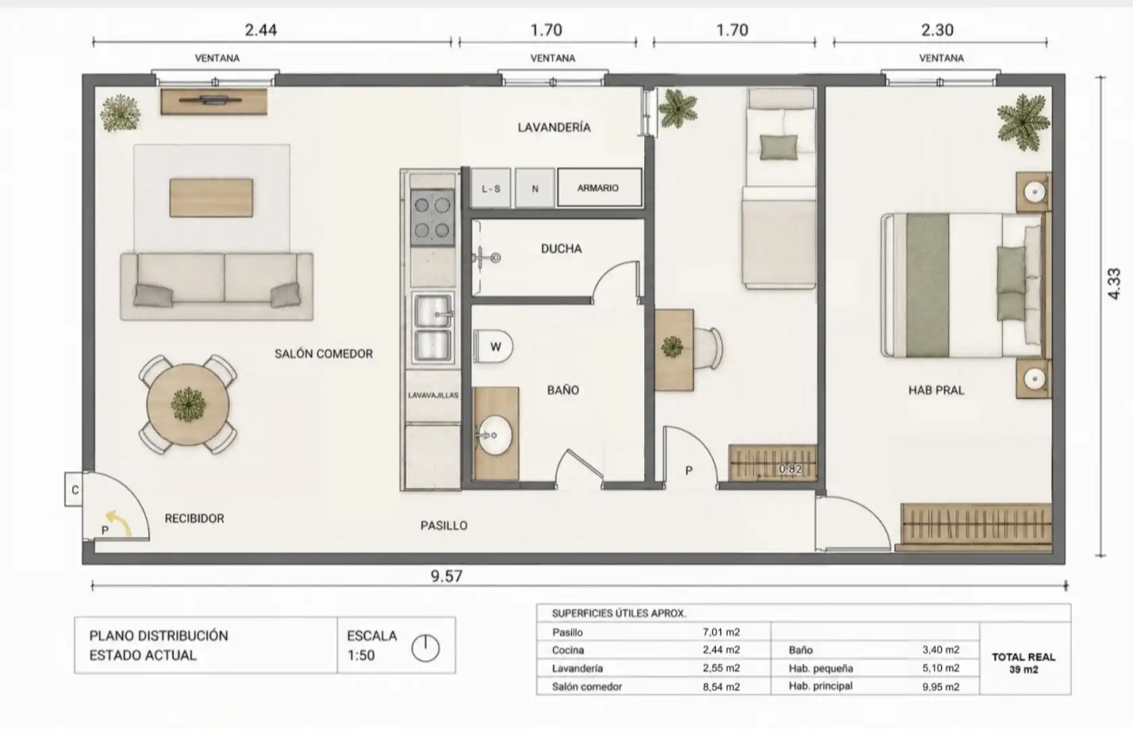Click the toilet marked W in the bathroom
[x=494, y=346]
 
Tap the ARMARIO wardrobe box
[x=600, y=188]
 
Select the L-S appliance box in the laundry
[x=491, y=188]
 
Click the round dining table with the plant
[x=188, y=404]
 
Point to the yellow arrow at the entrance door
[x=120, y=522]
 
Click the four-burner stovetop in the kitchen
[x=432, y=218]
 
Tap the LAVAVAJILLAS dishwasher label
[x=433, y=395]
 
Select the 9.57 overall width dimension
[x=446, y=576]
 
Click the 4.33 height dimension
[x=1113, y=284]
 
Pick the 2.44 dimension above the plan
[x=261, y=30]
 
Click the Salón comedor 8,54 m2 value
[x=721, y=686]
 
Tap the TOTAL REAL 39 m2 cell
[x=1024, y=663]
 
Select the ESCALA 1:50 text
[x=372, y=645]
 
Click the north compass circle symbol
[x=425, y=648]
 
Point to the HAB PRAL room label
[x=937, y=390]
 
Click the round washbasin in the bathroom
[x=494, y=435]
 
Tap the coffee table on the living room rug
[x=211, y=198]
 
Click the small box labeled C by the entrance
[x=74, y=489]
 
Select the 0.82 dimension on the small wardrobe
[x=790, y=469]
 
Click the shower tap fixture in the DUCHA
[x=487, y=258]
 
